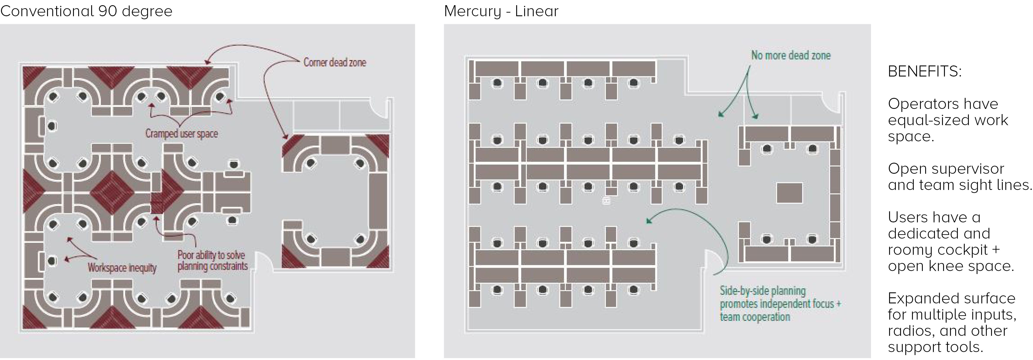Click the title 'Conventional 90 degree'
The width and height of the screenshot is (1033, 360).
[x=86, y=11]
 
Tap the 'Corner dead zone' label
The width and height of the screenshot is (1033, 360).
[x=334, y=62]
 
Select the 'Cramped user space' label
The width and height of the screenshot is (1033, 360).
[x=182, y=134]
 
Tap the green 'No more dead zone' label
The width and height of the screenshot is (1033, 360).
[x=791, y=55]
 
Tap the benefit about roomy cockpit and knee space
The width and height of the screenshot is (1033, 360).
[x=950, y=241]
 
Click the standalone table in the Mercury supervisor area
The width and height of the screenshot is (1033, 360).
[x=789, y=193]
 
